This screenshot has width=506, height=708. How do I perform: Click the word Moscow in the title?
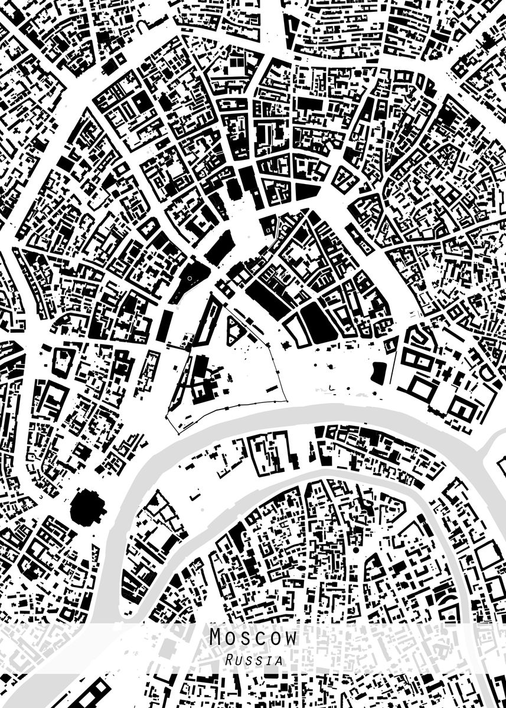[x=253, y=638]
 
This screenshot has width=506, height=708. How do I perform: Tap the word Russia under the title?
[x=253, y=661]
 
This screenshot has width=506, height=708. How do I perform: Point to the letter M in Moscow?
[x=217, y=638]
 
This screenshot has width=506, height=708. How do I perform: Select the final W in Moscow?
[x=290, y=638]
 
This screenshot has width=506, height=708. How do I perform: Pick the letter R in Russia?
[x=229, y=661]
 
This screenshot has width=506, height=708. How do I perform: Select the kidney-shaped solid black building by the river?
[x=378, y=372]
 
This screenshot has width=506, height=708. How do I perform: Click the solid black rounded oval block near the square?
[x=318, y=323]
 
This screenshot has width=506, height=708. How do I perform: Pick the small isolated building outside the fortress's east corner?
[x=287, y=345]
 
